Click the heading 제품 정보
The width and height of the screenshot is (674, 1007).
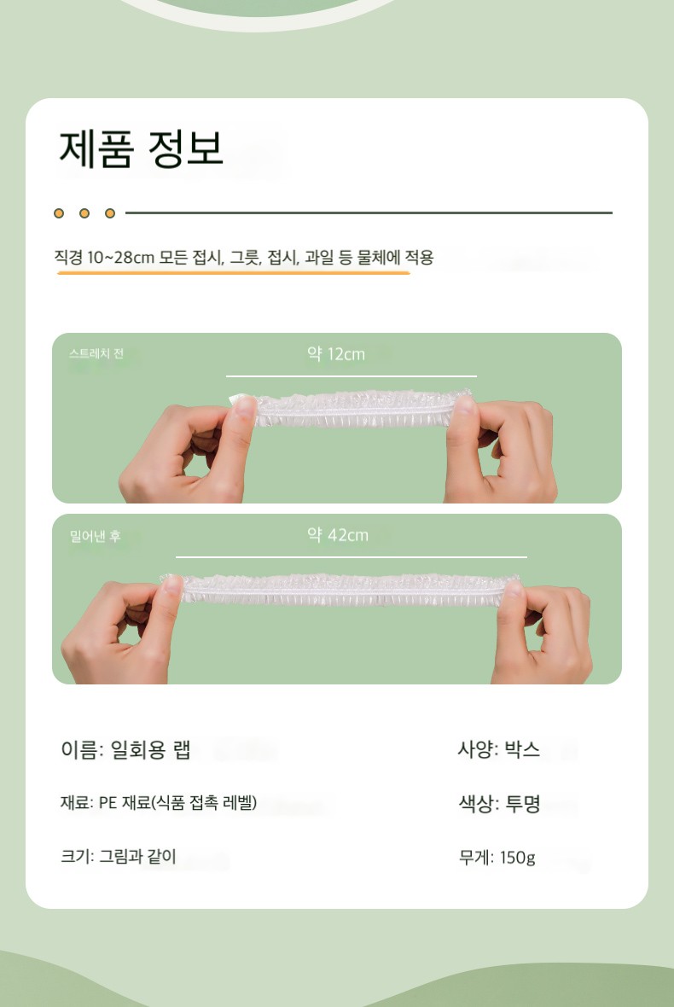[x=142, y=149]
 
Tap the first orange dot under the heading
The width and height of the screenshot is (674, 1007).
[x=59, y=213]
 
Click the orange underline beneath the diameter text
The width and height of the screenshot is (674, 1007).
[x=233, y=273]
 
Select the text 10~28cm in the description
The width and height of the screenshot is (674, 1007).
[x=120, y=258]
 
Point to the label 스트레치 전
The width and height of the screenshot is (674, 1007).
[x=96, y=354]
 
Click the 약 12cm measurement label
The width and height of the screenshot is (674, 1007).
[x=335, y=354]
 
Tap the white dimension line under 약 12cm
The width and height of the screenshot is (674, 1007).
[x=352, y=375]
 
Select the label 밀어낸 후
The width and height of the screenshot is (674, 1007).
[x=95, y=536]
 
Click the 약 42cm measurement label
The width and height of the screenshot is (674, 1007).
[x=338, y=535]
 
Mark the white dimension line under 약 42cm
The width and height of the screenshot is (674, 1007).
[x=352, y=556]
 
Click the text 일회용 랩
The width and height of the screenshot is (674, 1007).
[x=151, y=749]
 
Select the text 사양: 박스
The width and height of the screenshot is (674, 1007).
[x=499, y=749]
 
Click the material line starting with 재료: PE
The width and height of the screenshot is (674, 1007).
[x=159, y=803]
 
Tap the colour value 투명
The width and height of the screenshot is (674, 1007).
[x=523, y=803]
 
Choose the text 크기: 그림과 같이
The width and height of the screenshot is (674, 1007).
[x=118, y=857]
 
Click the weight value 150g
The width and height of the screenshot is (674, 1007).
[x=517, y=858]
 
